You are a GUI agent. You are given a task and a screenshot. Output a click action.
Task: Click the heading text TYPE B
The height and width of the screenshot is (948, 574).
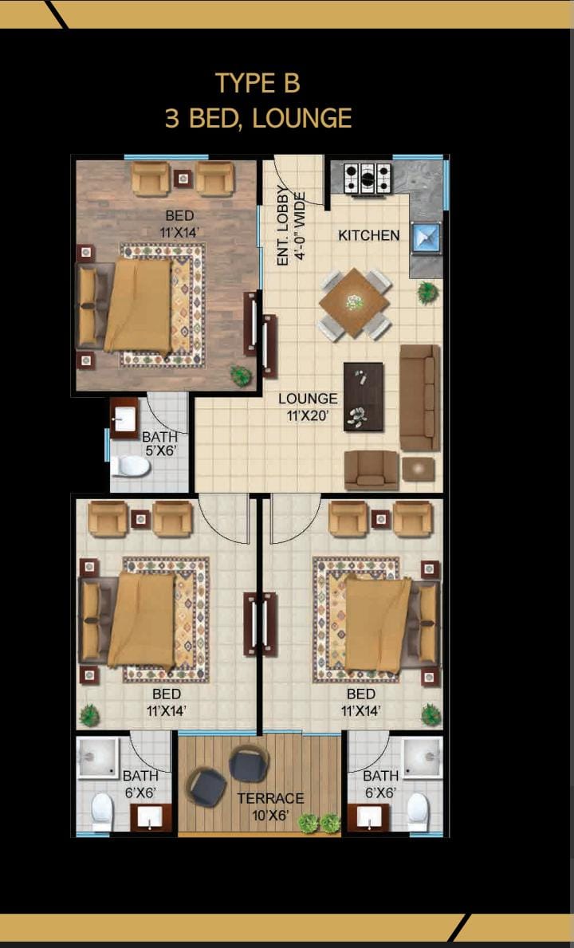pos(258,83)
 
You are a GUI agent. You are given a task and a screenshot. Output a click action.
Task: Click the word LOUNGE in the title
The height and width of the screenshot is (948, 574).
pos(302,118)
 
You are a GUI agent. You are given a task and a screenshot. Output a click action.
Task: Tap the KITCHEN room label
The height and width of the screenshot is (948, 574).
pos(368,235)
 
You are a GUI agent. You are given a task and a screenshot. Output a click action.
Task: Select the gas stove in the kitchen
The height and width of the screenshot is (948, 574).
pos(367,178)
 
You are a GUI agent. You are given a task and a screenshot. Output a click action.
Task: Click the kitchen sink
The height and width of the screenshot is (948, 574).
pos(426,238)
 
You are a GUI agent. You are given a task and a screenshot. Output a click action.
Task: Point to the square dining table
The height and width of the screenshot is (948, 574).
pos(355,304)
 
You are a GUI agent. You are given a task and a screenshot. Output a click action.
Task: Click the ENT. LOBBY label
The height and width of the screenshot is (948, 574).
pos(282,226)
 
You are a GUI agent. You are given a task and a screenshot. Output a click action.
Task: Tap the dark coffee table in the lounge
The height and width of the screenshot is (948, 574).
pos(363,396)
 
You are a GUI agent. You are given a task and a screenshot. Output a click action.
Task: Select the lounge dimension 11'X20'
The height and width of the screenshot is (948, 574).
pos(308,415)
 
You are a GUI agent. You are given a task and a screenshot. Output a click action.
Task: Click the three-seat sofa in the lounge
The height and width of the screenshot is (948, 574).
pos(420,397)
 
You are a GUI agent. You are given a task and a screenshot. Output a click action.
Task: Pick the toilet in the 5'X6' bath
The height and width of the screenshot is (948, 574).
pos(130,466)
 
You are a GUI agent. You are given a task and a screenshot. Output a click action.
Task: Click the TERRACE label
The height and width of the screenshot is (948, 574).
pos(270,799)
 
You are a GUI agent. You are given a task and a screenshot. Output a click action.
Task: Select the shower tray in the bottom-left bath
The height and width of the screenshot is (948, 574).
pos(98,757)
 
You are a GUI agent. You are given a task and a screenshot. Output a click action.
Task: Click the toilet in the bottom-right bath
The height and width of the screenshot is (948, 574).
pos(418,812)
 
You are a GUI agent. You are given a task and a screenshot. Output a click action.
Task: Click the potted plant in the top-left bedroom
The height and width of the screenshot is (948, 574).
pos(241,376)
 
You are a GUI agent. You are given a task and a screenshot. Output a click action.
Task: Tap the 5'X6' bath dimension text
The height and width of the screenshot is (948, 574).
pos(159,450)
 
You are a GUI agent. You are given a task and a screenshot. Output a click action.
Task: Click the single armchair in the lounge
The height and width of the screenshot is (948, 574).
pos(372,470)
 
